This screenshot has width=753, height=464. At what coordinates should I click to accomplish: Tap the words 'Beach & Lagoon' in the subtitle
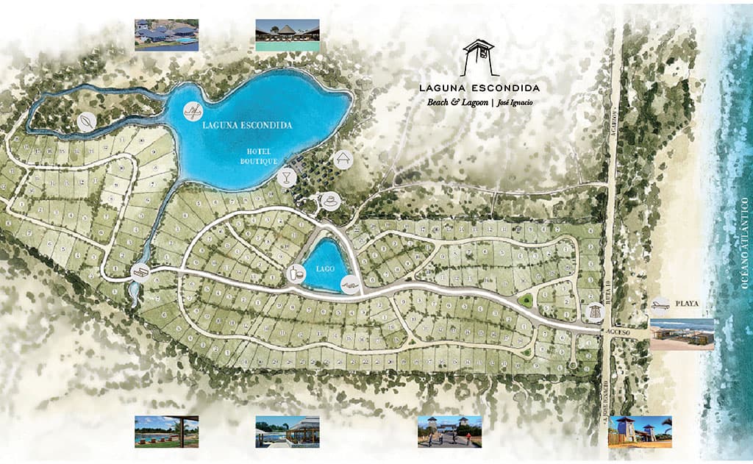pyautogui.click(x=458, y=102)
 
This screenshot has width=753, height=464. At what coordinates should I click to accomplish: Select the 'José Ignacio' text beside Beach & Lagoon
pyautogui.click(x=515, y=103)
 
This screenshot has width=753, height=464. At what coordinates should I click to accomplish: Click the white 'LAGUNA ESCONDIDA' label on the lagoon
pyautogui.click(x=247, y=126)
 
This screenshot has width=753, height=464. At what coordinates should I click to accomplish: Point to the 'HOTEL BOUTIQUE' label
pyautogui.click(x=261, y=155)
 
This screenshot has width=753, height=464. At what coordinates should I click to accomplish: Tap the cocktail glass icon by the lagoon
pyautogui.click(x=286, y=176)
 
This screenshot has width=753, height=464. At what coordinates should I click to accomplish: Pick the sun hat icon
pyautogui.click(x=331, y=199)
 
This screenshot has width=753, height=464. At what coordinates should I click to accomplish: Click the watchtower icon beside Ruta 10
pyautogui.click(x=593, y=313)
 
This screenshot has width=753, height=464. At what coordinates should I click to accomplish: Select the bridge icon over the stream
pyautogui.click(x=140, y=272)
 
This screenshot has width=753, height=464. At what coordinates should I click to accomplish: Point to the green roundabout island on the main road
pyautogui.click(x=525, y=299)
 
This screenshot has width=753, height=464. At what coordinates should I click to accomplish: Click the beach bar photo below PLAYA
pyautogui.click(x=682, y=335)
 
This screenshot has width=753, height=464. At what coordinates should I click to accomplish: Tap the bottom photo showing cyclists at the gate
pyautogui.click(x=449, y=432)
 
